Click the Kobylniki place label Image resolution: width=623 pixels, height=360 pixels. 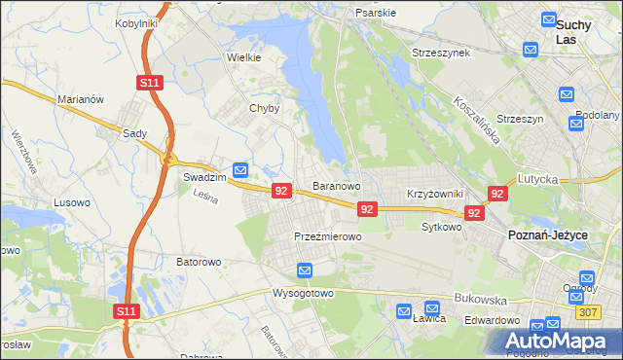136,22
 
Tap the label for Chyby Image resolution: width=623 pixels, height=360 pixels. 265,109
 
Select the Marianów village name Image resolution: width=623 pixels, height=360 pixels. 81,99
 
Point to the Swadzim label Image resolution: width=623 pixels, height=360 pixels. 204,178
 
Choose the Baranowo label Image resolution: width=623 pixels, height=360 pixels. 337,185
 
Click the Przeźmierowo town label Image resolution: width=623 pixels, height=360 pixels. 328,236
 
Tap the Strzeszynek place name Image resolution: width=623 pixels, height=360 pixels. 441,52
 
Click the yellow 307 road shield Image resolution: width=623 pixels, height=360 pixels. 613,311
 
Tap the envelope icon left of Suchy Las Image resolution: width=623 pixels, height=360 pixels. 531,49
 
